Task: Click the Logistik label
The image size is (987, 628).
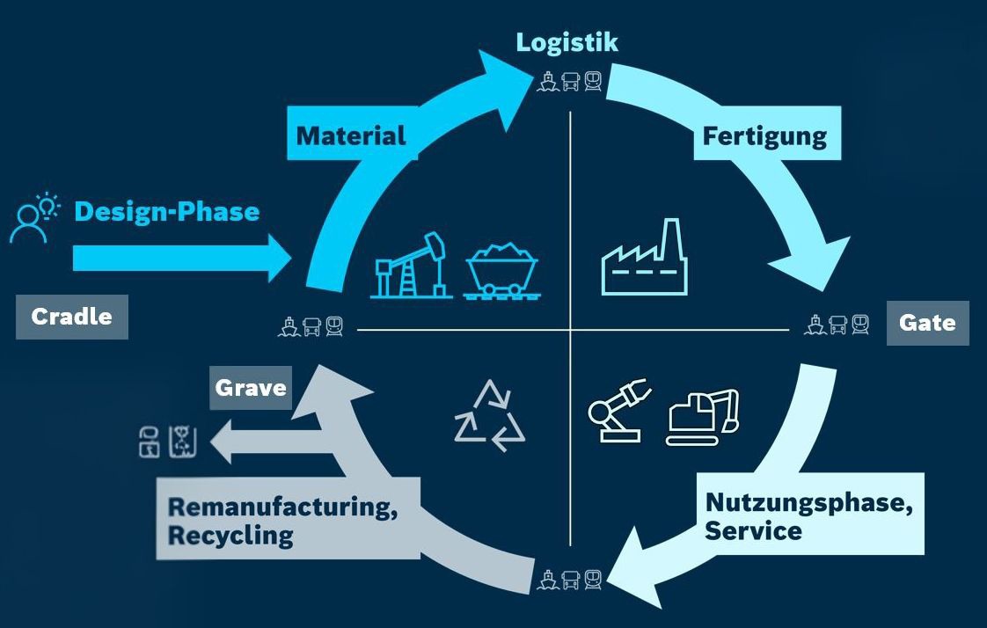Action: (x=567, y=42)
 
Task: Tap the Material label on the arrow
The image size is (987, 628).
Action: (x=351, y=136)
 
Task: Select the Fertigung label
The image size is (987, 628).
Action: (x=764, y=136)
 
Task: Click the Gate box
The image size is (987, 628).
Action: (x=927, y=323)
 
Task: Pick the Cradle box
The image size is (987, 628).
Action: (x=71, y=317)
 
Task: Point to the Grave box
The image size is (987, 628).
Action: (x=251, y=387)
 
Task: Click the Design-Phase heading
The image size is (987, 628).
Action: (x=167, y=212)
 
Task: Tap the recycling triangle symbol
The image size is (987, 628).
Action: (x=489, y=416)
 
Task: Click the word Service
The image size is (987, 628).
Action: (x=752, y=531)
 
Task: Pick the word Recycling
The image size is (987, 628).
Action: (x=230, y=536)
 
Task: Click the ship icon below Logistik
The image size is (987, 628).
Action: (x=547, y=82)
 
